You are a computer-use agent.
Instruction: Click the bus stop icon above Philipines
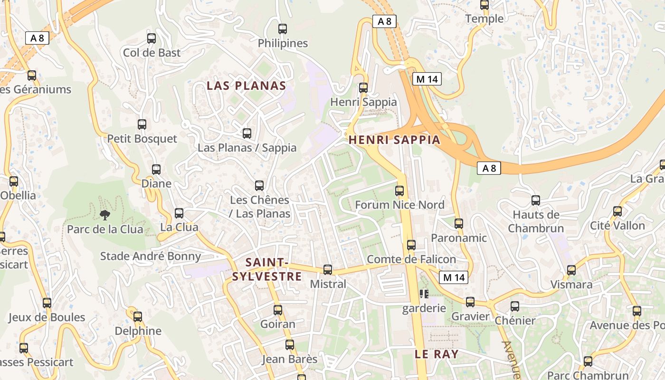283,29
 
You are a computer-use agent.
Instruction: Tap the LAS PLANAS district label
246,86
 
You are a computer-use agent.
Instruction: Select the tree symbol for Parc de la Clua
104,215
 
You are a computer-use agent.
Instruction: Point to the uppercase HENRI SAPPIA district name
394,140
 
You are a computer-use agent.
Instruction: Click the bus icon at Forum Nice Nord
399,191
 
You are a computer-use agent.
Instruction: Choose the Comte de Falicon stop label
411,259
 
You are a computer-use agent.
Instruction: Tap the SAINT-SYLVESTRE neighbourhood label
267,269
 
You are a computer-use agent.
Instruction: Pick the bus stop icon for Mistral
328,270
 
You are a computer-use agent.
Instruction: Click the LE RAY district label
437,354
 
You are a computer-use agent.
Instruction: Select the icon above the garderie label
424,294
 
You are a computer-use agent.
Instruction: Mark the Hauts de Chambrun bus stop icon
536,200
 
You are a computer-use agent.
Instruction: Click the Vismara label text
571,285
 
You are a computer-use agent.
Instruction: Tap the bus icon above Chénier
515,306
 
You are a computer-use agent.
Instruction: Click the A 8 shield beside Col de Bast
37,38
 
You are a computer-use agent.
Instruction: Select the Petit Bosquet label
142,139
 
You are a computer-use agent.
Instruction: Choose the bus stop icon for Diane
156,170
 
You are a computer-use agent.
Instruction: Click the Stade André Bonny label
151,256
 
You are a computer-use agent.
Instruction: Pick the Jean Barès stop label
289,359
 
